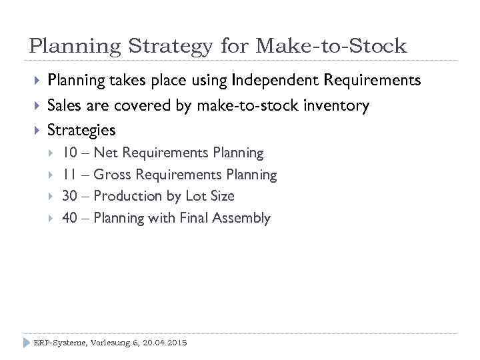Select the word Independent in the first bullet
click(x=275, y=81)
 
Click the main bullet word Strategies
click(x=81, y=129)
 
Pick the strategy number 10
click(x=69, y=153)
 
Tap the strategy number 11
click(x=69, y=175)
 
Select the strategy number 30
click(x=69, y=196)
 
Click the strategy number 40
click(x=69, y=218)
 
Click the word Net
click(x=107, y=153)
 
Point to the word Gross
click(x=111, y=175)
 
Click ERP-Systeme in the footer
click(x=59, y=342)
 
